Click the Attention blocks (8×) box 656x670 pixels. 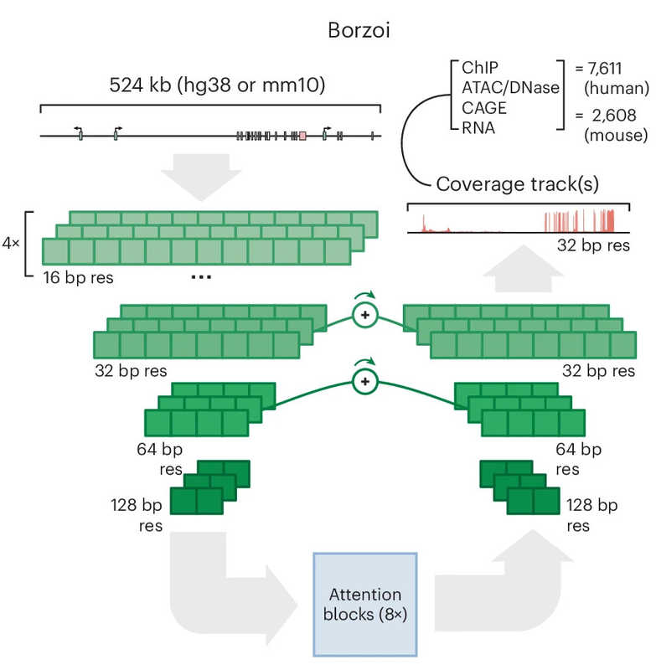[x=364, y=603]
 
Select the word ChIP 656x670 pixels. [x=467, y=69]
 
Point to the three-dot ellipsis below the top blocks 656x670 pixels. [x=201, y=277]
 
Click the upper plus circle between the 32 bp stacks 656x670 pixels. [x=364, y=315]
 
